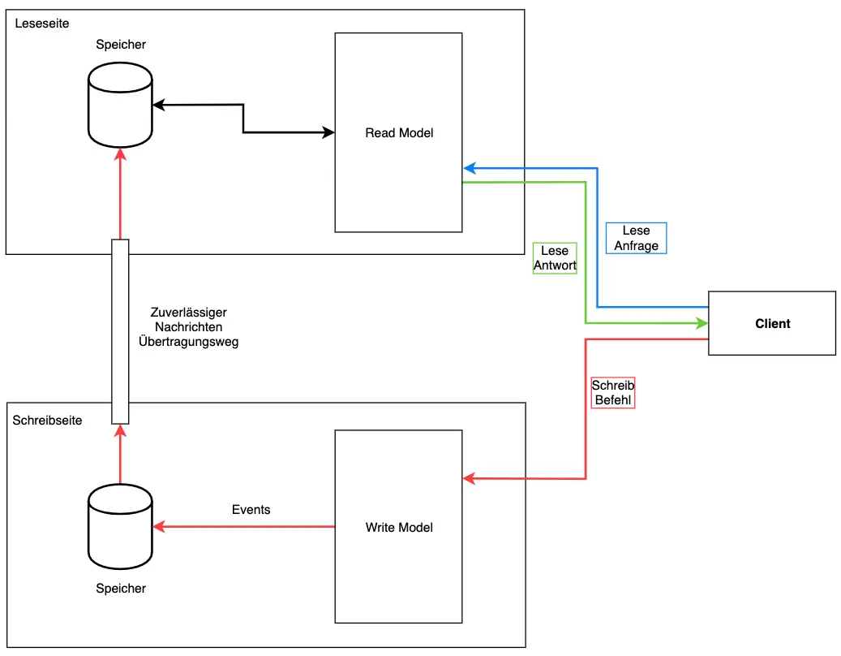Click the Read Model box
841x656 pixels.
point(398,132)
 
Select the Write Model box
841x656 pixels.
point(398,527)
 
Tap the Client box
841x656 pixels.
point(771,323)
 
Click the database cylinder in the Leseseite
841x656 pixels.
point(120,105)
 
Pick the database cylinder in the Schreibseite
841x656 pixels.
point(120,527)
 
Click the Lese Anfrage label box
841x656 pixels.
point(636,238)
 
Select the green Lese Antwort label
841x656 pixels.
point(555,258)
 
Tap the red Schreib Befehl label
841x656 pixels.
point(612,393)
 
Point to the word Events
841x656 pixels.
point(251,510)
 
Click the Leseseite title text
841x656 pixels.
point(42,24)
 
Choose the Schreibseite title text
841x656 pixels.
point(47,421)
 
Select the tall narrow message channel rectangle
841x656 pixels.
point(120,331)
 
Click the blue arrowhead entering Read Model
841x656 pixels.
point(469,168)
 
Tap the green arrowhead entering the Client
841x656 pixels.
point(702,323)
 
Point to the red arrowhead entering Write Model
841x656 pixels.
point(469,479)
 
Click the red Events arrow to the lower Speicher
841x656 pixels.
point(243,527)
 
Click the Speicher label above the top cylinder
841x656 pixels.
point(120,45)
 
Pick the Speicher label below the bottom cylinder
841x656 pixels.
point(120,589)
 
